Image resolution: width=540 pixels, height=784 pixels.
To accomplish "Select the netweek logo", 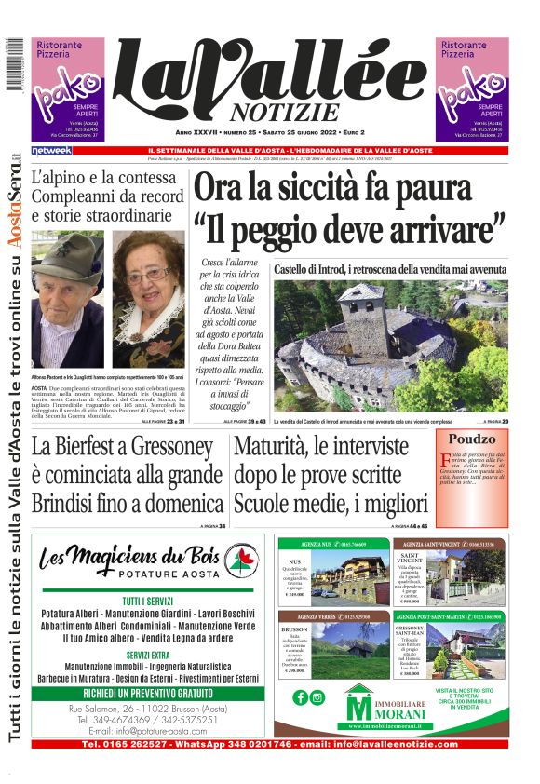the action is [51, 150].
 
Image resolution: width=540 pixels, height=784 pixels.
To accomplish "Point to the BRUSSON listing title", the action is [294, 629].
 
